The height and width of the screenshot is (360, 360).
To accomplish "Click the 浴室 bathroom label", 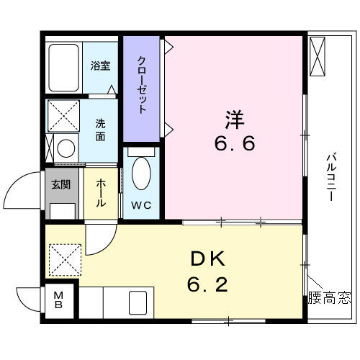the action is click(101, 66).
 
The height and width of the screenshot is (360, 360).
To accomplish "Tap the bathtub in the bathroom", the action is click(64, 68).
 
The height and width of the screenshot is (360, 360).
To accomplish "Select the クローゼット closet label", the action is click(142, 84).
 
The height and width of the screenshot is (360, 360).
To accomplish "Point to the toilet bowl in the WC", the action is click(141, 174).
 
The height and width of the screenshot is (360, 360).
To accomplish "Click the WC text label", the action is click(141, 205).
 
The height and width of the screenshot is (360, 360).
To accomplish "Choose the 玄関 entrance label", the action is click(61, 184).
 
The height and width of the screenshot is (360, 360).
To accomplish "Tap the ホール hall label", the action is click(101, 193).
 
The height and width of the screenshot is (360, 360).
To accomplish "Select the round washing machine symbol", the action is click(66, 148).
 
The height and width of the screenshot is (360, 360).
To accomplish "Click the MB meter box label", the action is click(58, 300).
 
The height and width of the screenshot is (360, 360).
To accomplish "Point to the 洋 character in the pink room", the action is click(234, 120).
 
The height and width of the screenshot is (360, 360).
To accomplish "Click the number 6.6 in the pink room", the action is click(235, 144).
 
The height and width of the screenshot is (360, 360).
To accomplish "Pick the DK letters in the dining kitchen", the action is click(208, 258).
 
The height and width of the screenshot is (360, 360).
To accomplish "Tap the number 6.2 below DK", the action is click(207, 284).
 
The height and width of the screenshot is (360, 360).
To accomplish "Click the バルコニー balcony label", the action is click(331, 176).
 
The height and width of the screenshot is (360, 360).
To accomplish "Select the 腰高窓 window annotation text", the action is click(329, 297).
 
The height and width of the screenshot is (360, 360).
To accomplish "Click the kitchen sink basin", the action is click(138, 303).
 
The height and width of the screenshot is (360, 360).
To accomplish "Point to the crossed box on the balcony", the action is click(318, 56).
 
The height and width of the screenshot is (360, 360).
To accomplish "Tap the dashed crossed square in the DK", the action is click(66, 260).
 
